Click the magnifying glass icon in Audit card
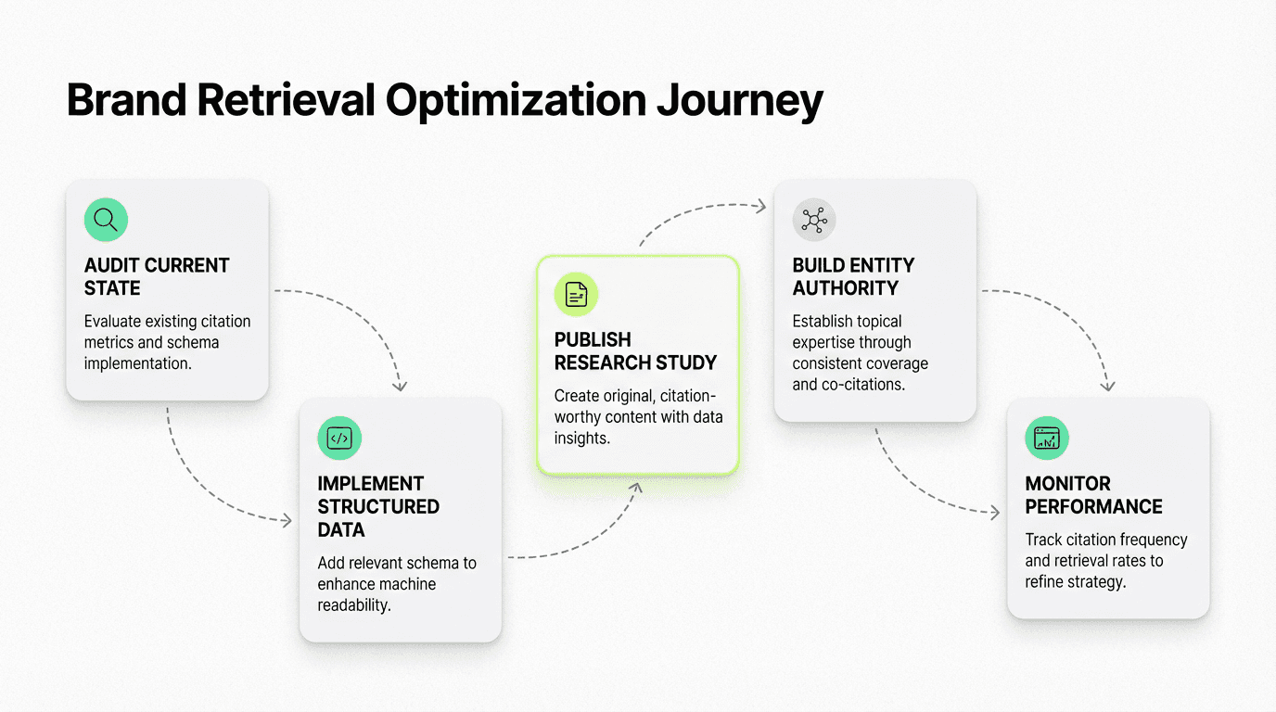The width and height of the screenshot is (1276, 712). (106, 220)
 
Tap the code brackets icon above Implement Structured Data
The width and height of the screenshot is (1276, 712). (339, 439)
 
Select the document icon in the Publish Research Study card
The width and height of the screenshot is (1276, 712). (576, 295)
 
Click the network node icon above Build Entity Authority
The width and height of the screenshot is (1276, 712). (814, 220)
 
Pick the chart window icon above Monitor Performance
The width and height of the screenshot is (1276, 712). (1047, 439)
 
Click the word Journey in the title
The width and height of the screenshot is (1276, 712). (739, 100)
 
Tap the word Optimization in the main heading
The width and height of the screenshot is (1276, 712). (514, 100)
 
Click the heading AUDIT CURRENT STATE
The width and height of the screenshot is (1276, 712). (156, 276)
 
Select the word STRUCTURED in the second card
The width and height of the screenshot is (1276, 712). (378, 506)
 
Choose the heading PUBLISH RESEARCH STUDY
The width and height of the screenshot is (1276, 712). (635, 350)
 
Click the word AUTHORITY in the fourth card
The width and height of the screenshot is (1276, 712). (846, 288)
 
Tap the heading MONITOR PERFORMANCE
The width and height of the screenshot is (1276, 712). (1093, 495)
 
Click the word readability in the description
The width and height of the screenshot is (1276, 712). (354, 605)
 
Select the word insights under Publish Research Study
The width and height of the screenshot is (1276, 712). (582, 438)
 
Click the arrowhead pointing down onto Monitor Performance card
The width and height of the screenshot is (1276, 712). (1107, 385)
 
